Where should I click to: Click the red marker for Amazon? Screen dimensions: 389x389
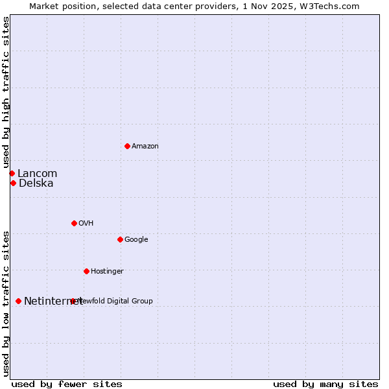pyautogui.click(x=127, y=146)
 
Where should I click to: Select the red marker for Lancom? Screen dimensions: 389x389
pyautogui.click(x=12, y=173)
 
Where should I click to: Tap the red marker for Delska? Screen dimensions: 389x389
pyautogui.click(x=13, y=183)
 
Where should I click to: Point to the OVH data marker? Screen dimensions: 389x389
pyautogui.click(x=74, y=223)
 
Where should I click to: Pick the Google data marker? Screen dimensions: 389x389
pyautogui.click(x=120, y=239)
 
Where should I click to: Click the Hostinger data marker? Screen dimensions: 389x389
pyautogui.click(x=86, y=271)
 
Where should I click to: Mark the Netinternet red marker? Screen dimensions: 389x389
pyautogui.click(x=18, y=301)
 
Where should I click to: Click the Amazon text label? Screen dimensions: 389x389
pyautogui.click(x=145, y=147)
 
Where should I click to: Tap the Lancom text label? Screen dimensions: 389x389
pyautogui.click(x=38, y=173)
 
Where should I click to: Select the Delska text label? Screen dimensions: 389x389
pyautogui.click(x=36, y=183)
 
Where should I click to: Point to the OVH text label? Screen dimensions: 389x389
pyautogui.click(x=86, y=223)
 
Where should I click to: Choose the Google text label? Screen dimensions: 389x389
pyautogui.click(x=136, y=240)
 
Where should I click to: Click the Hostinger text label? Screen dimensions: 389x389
pyautogui.click(x=107, y=271)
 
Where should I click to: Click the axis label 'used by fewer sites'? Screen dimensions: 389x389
pyautogui.click(x=67, y=384)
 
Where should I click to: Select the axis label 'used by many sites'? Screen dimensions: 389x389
pyautogui.click(x=325, y=384)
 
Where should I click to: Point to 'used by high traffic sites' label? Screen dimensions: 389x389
pyautogui.click(x=6, y=93)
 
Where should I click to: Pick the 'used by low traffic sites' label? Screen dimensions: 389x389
pyautogui.click(x=6, y=303)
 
